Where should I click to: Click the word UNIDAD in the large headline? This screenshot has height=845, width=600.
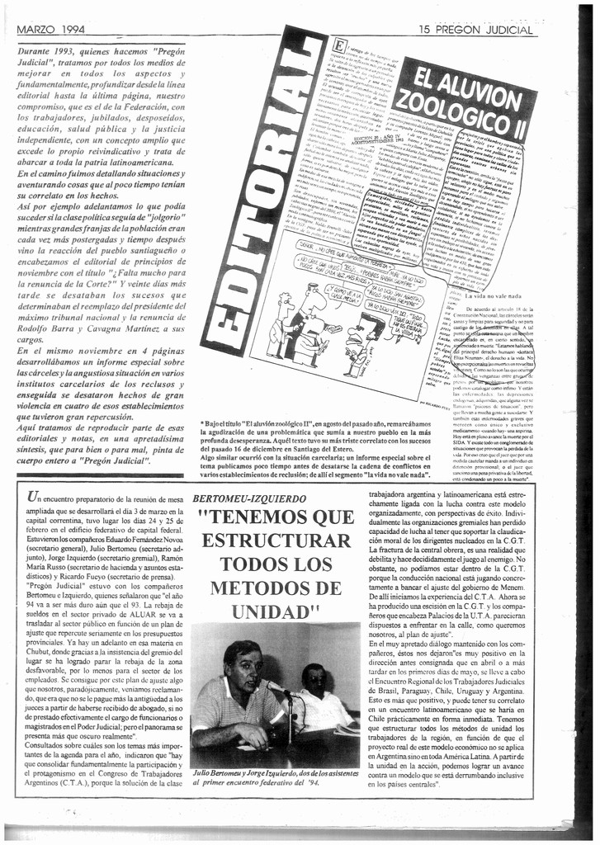click(x=266, y=611)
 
